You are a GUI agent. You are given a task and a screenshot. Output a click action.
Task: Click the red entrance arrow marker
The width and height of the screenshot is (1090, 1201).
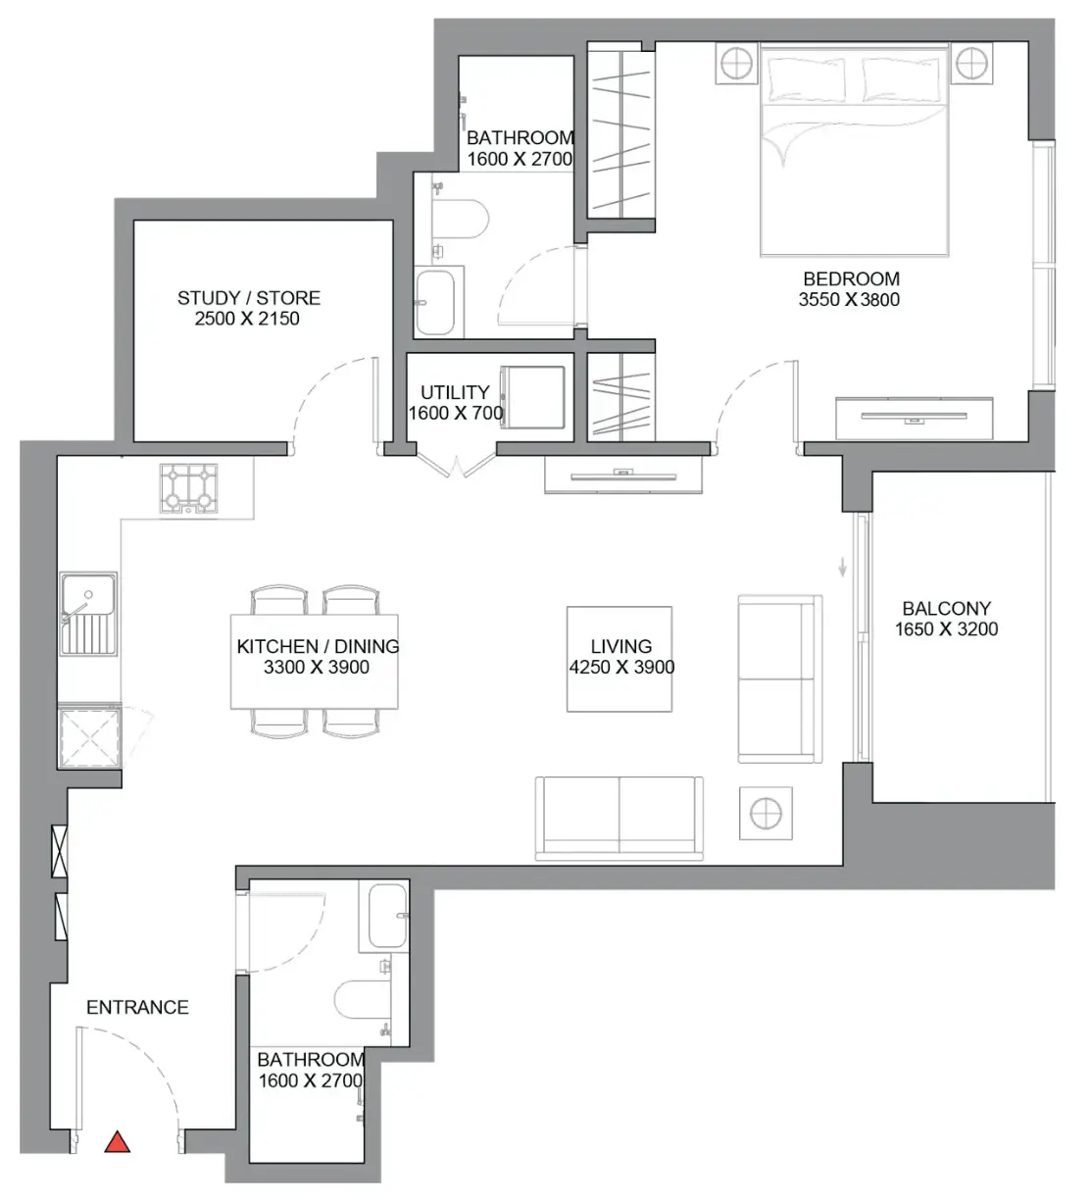[118, 1142]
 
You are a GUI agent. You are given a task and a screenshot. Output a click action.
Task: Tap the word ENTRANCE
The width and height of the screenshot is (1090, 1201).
[137, 1007]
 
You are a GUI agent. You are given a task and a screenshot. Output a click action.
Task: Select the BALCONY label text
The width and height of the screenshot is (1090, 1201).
[946, 608]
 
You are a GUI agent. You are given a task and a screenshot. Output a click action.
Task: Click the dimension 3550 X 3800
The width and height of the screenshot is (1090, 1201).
[849, 299]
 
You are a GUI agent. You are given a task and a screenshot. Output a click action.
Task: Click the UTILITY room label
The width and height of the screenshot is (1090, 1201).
[455, 392]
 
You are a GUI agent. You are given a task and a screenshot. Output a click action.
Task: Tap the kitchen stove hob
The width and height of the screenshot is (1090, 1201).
[188, 488]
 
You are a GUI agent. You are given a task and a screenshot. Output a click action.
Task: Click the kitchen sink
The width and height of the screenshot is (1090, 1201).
[88, 613]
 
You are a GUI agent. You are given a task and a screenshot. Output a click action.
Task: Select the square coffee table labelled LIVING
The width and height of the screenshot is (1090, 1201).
[619, 659]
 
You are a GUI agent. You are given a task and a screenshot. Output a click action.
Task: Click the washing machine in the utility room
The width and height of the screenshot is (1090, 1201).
[532, 397]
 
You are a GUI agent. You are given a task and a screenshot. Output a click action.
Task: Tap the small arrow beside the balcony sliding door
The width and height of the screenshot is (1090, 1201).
[842, 567]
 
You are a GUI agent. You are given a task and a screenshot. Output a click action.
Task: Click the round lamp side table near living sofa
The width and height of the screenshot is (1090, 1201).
[766, 813]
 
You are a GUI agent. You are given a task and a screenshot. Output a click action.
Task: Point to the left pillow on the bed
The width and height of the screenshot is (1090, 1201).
[808, 79]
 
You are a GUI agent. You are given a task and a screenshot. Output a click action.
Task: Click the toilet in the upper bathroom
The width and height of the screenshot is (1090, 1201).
[460, 220]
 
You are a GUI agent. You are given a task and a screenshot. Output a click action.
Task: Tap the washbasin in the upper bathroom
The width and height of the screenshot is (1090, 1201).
[435, 302]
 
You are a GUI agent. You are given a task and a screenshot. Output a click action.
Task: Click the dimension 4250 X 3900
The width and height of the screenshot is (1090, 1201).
[621, 667]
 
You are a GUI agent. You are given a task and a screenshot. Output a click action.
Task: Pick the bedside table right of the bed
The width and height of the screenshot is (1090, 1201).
[970, 63]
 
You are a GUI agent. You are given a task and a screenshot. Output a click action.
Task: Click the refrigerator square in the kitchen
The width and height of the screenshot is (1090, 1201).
[89, 737]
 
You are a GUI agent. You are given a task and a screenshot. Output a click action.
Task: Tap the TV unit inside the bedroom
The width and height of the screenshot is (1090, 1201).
[914, 418]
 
